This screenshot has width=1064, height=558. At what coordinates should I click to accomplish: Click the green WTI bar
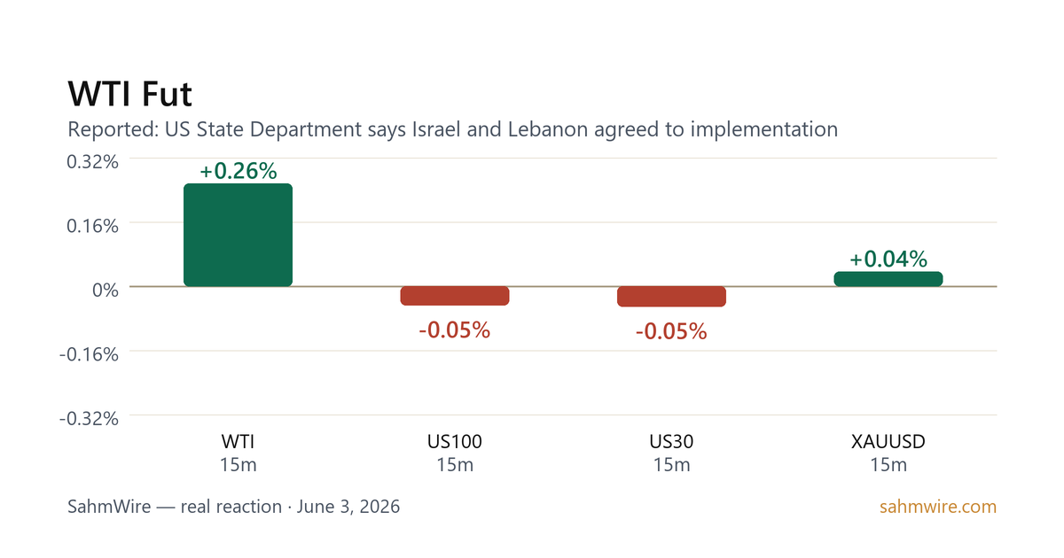tap(238, 235)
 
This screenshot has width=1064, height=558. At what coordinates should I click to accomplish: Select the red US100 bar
tap(455, 296)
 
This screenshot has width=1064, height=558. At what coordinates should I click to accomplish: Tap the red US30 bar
tap(671, 296)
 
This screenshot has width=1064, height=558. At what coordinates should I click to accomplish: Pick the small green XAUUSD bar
tap(888, 279)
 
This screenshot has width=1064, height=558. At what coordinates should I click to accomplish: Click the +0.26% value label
tap(238, 171)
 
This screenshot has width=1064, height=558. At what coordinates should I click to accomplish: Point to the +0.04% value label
tap(888, 259)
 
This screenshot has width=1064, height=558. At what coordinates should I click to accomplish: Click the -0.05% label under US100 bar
tap(455, 329)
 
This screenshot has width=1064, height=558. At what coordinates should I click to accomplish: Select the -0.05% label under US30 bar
tap(671, 331)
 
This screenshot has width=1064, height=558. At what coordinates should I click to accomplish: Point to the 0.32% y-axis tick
tap(92, 162)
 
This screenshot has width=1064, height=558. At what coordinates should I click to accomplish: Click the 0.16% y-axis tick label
tap(92, 226)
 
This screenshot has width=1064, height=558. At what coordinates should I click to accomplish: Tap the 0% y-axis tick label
tap(106, 290)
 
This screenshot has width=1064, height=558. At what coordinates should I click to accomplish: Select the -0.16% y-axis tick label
tap(89, 354)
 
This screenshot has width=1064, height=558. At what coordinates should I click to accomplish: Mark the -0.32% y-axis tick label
tap(89, 418)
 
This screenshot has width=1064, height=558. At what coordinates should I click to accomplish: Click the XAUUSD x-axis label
tap(888, 442)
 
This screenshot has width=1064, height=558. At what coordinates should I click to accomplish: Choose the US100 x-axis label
tap(455, 442)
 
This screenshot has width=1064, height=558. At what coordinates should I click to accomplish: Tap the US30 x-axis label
tap(671, 442)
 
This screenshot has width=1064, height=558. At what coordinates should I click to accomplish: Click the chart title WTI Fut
tap(129, 94)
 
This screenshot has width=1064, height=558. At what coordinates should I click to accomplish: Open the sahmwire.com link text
tap(938, 507)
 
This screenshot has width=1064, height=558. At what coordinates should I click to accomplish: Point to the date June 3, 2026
tap(348, 507)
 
